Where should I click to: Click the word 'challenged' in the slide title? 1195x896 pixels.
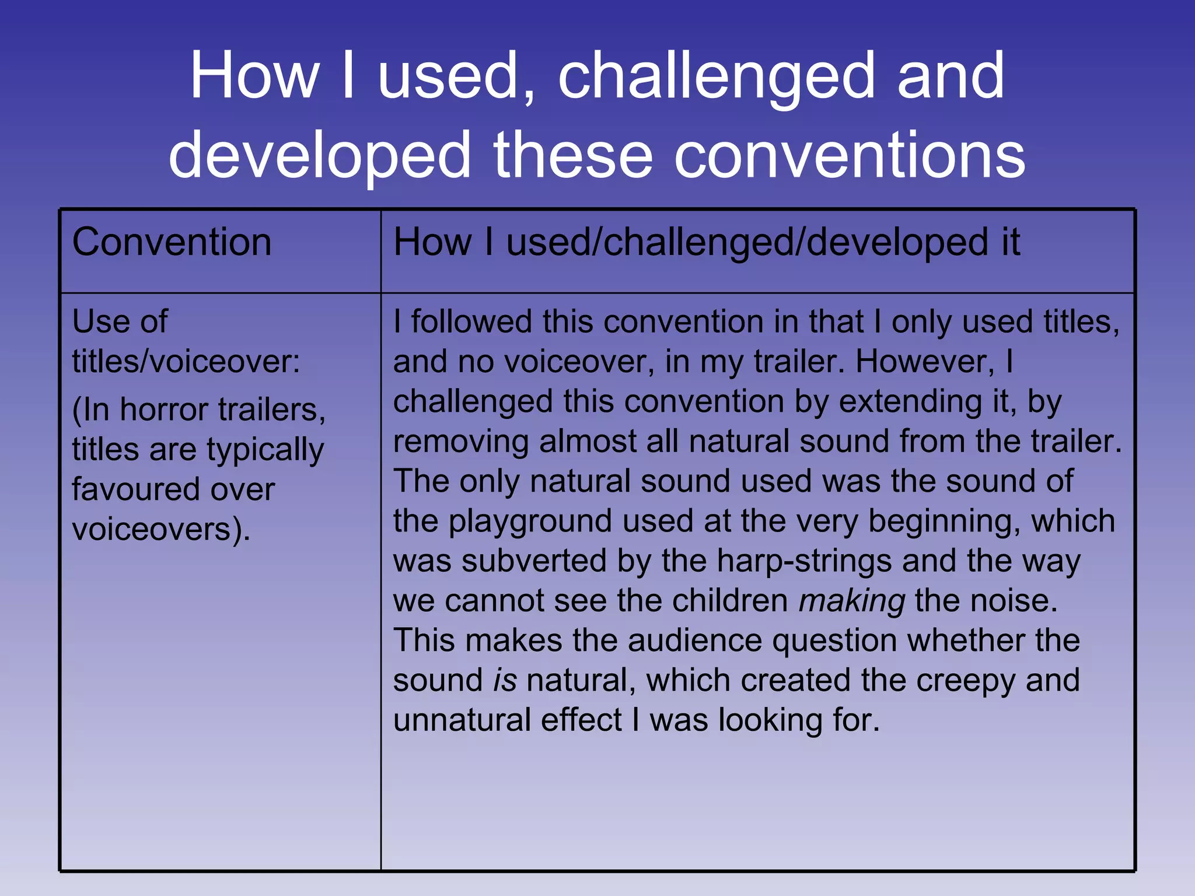[721, 76]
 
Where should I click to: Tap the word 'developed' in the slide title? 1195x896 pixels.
[319, 155]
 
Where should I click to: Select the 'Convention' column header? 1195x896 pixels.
[172, 242]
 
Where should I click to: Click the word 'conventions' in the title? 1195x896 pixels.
[849, 155]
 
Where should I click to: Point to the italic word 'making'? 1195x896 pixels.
[851, 601]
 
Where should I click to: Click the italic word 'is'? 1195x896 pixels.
[505, 681]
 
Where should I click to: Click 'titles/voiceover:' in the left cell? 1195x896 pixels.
[186, 362]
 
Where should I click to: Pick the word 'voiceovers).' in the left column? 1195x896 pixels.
[161, 530]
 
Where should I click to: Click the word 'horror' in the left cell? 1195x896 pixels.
[163, 410]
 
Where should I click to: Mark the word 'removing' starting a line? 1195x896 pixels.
[460, 442]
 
